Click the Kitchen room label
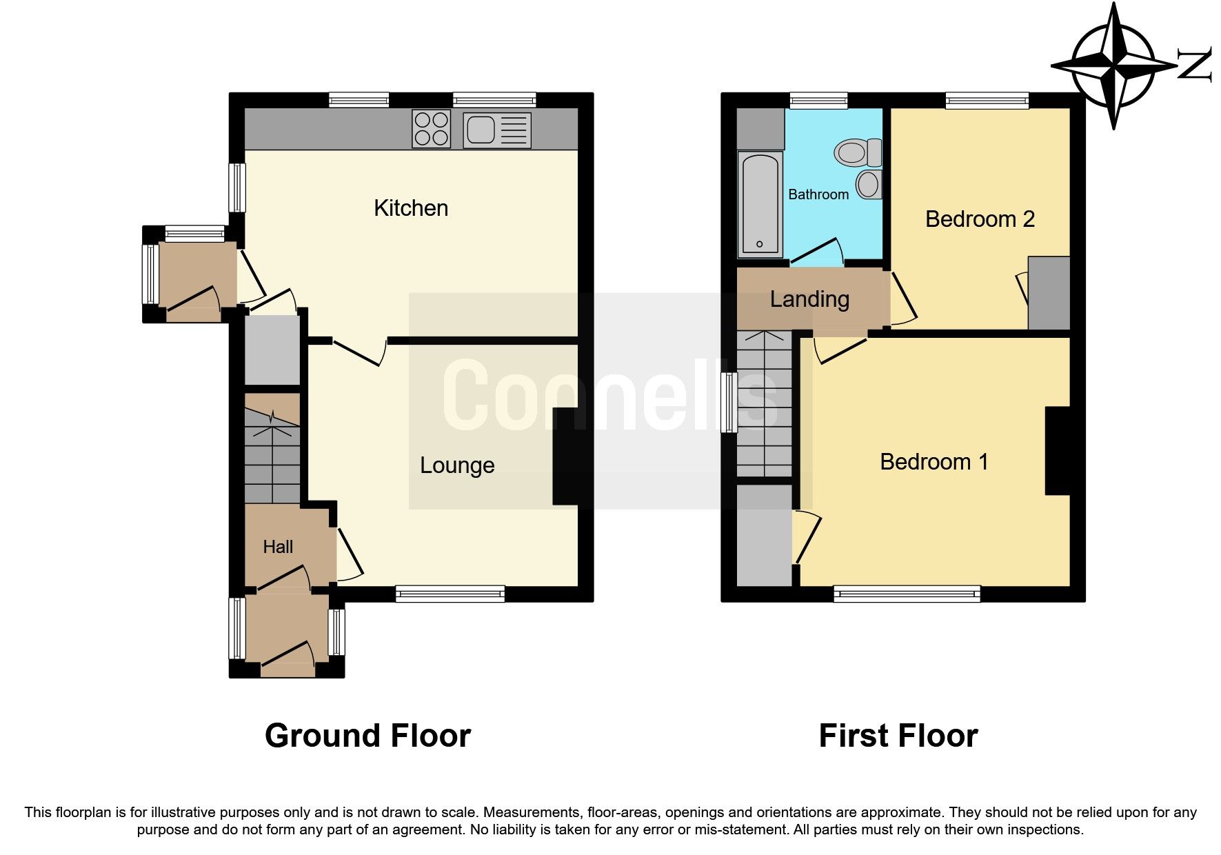(x=411, y=208)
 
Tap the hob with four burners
(x=431, y=129)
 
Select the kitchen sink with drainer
(x=497, y=130)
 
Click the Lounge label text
(x=457, y=465)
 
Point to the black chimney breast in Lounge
(x=565, y=456)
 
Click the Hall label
(x=278, y=547)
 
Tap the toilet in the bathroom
(x=858, y=152)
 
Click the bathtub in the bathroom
(x=760, y=203)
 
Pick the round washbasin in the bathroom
(x=869, y=185)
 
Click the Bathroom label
(x=818, y=194)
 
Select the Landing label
(x=809, y=299)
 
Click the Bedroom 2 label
(x=980, y=219)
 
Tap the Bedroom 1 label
(x=934, y=461)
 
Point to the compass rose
(x=1113, y=66)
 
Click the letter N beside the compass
(x=1194, y=66)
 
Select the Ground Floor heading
(x=367, y=736)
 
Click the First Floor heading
(x=898, y=736)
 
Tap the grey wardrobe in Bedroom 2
(x=1049, y=293)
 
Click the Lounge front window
(x=450, y=594)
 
